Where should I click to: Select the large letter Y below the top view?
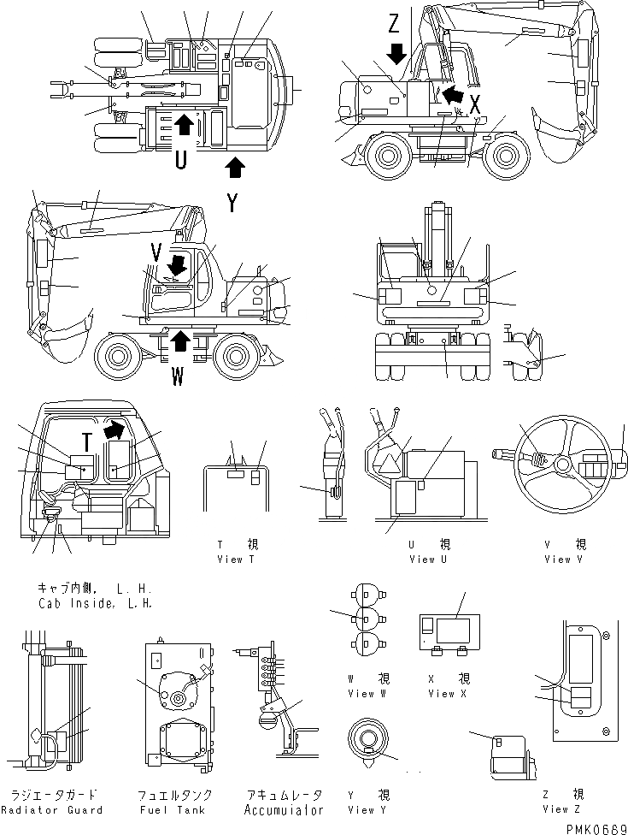pos(232,203)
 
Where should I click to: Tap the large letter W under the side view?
pos(178,377)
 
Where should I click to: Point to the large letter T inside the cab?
pos(86,442)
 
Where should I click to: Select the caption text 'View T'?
pos(237,560)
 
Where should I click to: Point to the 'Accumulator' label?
pos(284,809)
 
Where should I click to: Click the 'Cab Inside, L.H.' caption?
pos(96,603)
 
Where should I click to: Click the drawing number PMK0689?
pos(590,826)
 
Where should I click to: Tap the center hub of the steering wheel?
pos(562,465)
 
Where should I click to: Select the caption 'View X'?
pos(442,693)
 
